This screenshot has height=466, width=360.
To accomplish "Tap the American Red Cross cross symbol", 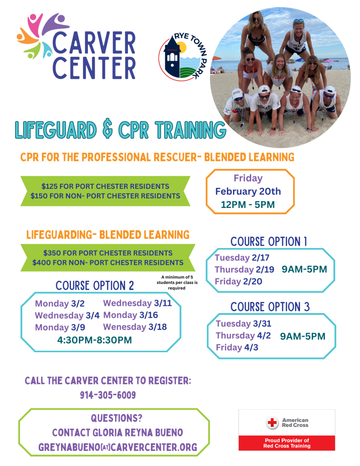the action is point(272,423).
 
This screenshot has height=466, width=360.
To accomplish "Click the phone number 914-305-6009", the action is point(108,395).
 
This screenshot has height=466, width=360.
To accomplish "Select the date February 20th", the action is point(248,191).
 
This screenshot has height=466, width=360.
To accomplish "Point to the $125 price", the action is point(49,186).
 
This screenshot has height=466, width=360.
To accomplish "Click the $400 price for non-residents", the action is point(41,263).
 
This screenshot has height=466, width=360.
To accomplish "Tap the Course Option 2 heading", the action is point(95,286).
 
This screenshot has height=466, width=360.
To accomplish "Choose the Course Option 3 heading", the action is point(270,307).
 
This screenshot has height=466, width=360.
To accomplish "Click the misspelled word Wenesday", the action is point(125,327).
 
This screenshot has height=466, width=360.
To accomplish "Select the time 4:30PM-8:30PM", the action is point(95,340).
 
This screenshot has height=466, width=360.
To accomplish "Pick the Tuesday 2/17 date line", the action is point(242,258).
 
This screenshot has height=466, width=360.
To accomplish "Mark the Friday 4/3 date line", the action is point(237,347).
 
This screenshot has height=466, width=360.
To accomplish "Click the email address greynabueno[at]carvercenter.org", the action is point(118,447).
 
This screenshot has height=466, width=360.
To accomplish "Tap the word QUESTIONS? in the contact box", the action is point(117,418).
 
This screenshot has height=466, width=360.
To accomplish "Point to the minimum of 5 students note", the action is point(177,282).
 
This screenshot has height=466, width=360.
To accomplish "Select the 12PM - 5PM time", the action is point(248,204).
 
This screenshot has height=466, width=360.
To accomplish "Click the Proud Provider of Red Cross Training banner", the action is point(287,443).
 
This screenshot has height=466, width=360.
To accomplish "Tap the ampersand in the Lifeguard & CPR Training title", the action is point(107,129).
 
